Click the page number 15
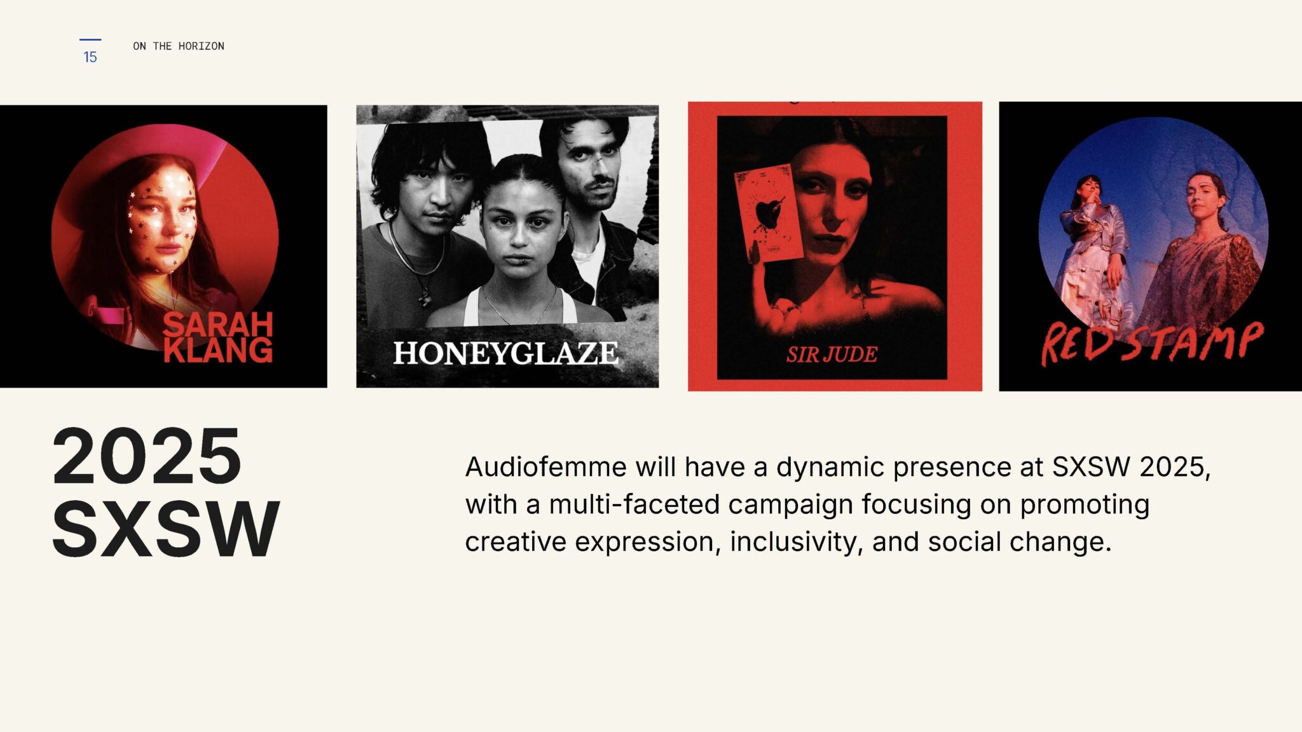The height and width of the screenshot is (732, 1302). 90,57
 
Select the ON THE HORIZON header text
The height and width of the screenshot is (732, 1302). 179,46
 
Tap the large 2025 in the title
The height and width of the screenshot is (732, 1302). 147,456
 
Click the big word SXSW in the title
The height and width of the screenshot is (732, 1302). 165,529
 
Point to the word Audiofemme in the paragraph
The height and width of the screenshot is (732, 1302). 545,467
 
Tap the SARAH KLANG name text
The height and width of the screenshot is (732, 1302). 218,337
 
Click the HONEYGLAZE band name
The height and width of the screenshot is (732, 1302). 506,353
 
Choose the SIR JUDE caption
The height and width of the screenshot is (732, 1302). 832,355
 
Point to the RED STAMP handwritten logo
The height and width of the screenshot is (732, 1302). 1151,343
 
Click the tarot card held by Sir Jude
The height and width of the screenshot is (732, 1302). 768,213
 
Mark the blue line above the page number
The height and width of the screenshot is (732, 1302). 90,40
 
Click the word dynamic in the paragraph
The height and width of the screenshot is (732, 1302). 830,467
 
